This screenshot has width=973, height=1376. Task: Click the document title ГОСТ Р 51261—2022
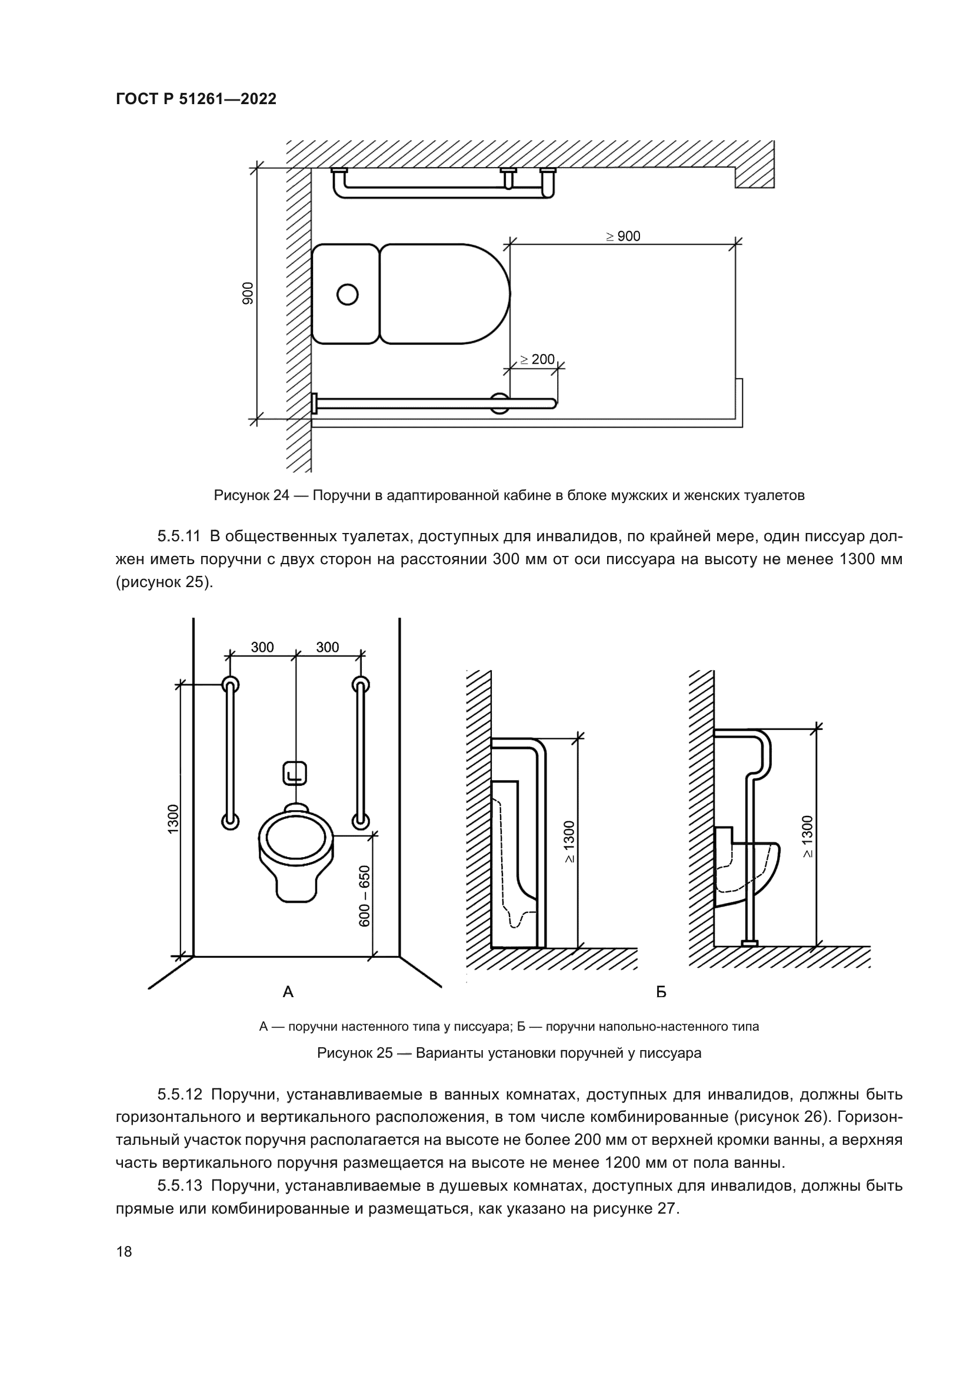pyautogui.click(x=196, y=99)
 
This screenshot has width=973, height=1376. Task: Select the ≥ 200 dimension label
pyautogui.click(x=537, y=359)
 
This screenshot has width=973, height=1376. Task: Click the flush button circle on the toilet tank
pyautogui.click(x=348, y=294)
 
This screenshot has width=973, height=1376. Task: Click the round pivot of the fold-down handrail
pyautogui.click(x=500, y=403)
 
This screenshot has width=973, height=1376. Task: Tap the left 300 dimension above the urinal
pyautogui.click(x=262, y=647)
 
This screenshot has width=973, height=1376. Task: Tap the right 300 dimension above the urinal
pyautogui.click(x=327, y=647)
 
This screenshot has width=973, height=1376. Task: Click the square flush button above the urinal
pyautogui.click(x=294, y=773)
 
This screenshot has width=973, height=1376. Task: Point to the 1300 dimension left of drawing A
pyautogui.click(x=173, y=819)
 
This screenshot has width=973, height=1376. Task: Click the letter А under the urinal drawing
pyautogui.click(x=288, y=992)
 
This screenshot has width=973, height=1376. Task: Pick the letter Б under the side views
pyautogui.click(x=661, y=992)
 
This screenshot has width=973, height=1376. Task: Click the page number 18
pyautogui.click(x=124, y=1252)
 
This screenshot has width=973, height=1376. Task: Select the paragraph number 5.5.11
pyautogui.click(x=179, y=537)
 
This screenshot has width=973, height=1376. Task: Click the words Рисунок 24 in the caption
pyautogui.click(x=252, y=495)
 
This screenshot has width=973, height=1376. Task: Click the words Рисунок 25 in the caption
pyautogui.click(x=355, y=1053)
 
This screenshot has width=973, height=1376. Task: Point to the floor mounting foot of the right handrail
pyautogui.click(x=749, y=943)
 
